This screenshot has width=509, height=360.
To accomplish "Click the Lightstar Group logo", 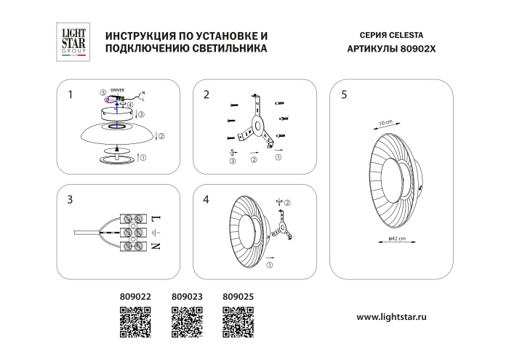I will click(70, 41).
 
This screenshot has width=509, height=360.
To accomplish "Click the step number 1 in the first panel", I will click(70, 95).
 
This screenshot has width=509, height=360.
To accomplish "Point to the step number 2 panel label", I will click(207, 95).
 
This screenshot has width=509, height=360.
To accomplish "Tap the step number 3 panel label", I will click(70, 199).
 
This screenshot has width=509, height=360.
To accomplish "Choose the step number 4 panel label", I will click(207, 199).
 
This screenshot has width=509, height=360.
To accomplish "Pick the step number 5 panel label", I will click(343, 95).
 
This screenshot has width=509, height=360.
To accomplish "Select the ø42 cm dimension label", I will click(396, 239).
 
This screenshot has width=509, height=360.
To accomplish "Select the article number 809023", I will click(185, 297).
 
